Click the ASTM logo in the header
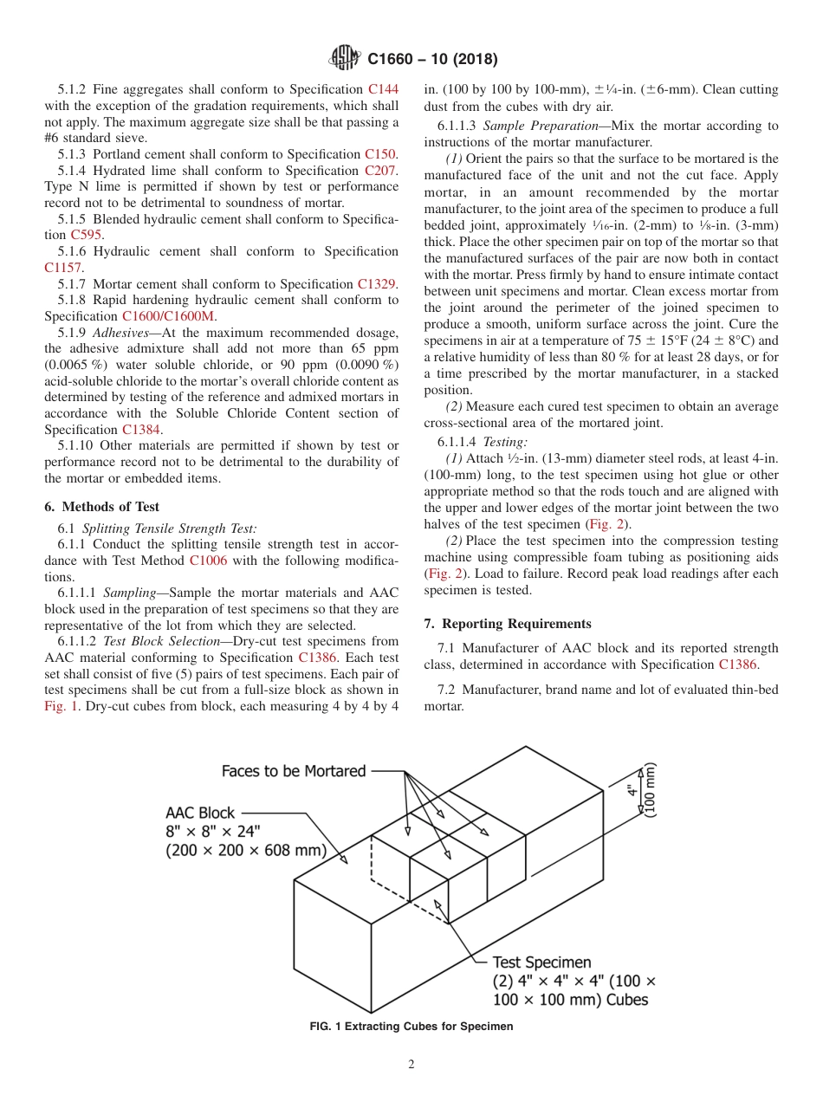(345, 59)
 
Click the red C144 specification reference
(383, 89)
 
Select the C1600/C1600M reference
(171, 316)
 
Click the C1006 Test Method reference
(208, 561)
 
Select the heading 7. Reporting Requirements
(508, 624)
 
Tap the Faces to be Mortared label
(294, 770)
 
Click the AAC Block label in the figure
(200, 813)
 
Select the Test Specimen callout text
(541, 962)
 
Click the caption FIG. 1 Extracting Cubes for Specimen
(411, 1027)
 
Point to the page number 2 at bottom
(411, 1065)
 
